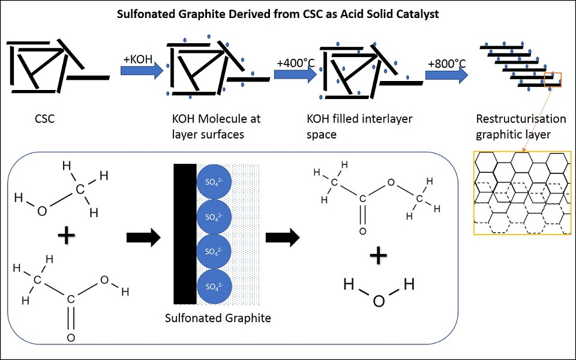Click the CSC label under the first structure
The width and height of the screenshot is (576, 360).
(45, 118)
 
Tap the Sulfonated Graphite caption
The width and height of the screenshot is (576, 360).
(218, 318)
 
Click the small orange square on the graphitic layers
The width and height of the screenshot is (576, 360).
(553, 80)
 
